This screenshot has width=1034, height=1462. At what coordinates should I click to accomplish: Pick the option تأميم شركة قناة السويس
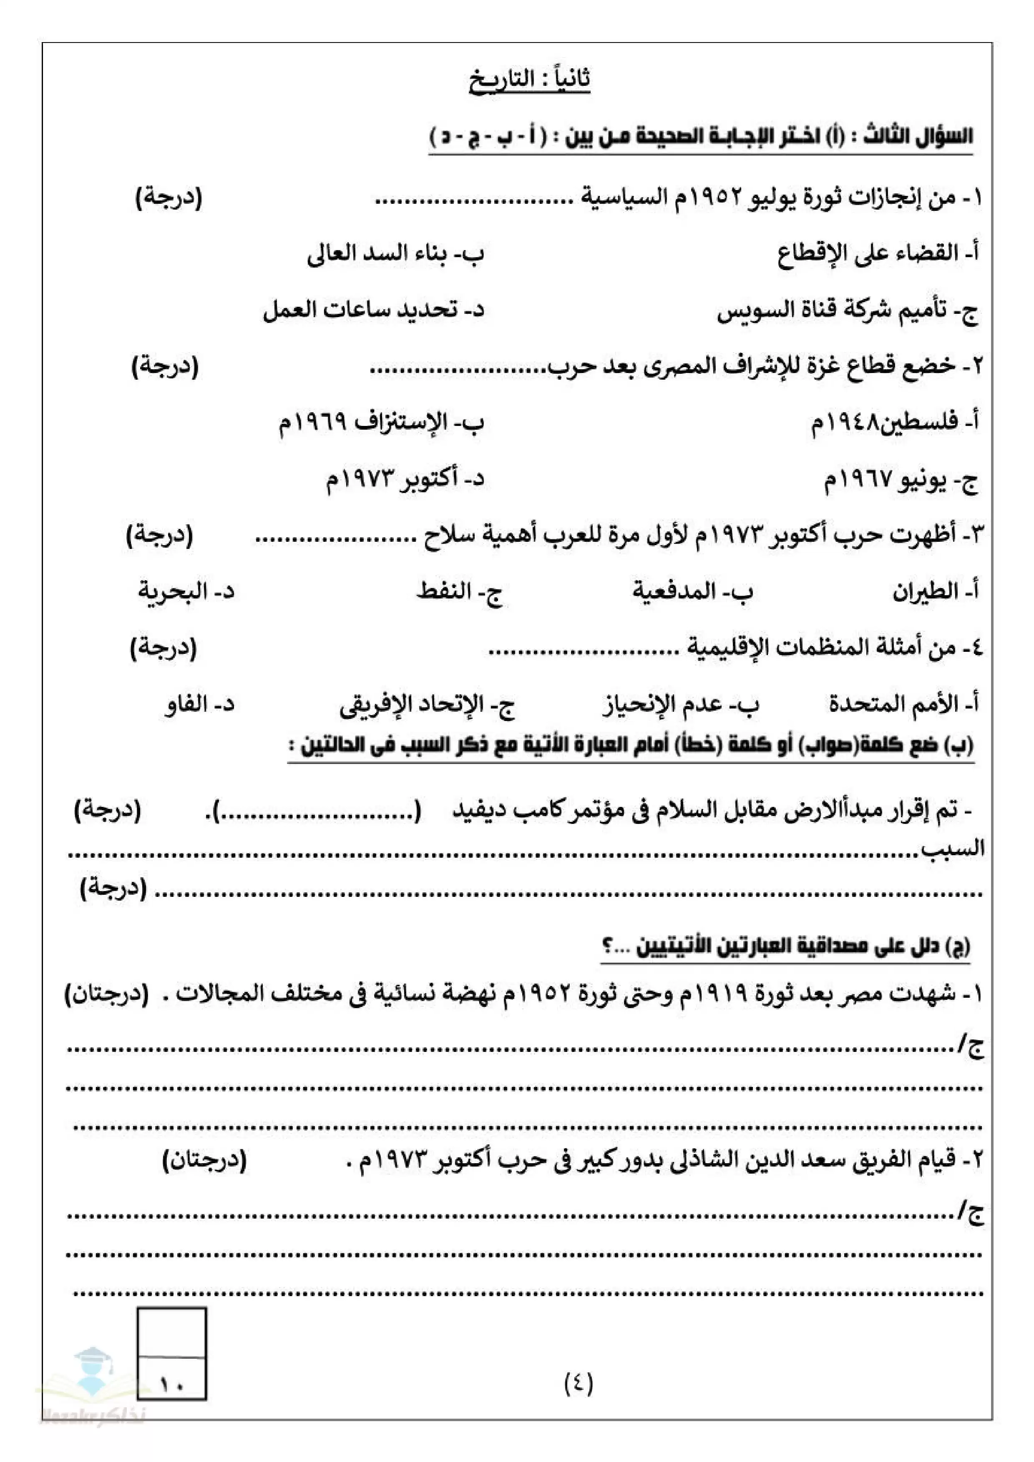click(847, 311)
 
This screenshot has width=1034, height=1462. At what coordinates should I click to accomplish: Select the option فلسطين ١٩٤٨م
click(894, 422)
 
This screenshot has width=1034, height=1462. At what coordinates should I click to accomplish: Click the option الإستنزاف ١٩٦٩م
click(381, 422)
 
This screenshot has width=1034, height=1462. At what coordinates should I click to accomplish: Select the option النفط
click(459, 591)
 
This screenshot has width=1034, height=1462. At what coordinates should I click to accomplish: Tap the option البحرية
click(186, 591)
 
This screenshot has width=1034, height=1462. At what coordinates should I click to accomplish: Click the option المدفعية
click(692, 591)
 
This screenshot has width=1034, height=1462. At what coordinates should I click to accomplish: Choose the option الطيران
click(935, 591)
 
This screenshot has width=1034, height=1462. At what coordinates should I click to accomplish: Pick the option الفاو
click(199, 705)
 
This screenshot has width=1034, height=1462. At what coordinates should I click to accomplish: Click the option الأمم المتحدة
click(903, 704)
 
